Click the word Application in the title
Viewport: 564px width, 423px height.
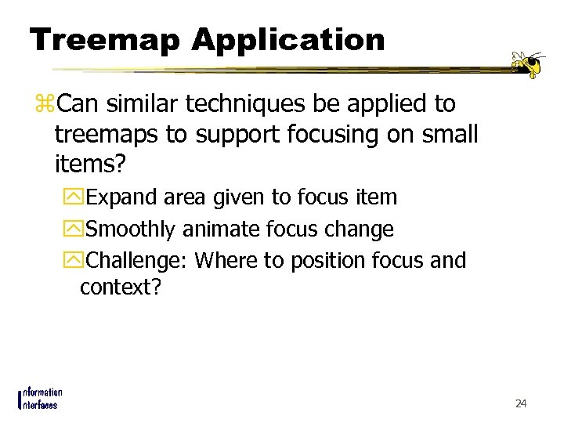(x=288, y=41)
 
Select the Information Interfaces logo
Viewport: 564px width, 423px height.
(x=40, y=398)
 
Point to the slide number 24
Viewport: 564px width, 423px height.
(x=521, y=403)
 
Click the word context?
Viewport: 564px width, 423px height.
(x=120, y=287)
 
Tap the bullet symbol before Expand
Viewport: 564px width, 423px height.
(x=75, y=197)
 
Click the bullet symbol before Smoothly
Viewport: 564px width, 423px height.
(x=75, y=230)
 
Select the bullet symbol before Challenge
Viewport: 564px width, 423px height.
(x=75, y=261)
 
